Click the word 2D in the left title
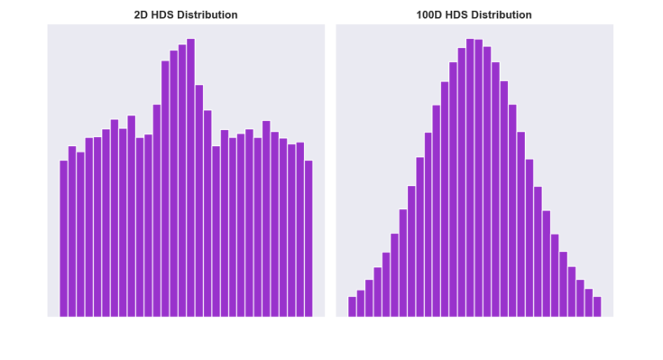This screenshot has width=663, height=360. click(142, 15)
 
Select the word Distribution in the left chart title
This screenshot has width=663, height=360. click(207, 15)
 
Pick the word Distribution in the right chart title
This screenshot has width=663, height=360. click(502, 15)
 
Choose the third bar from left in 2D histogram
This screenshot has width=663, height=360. click(80, 235)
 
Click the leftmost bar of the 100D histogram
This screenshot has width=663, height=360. click(353, 307)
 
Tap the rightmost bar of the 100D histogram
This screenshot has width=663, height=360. click(597, 307)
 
